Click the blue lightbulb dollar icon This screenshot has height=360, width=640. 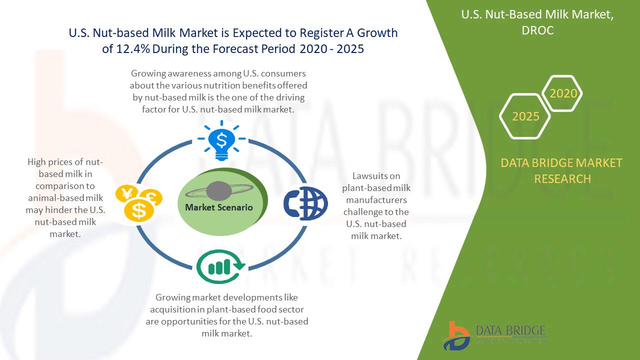click(221, 140)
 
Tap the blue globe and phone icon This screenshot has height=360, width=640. click(305, 203)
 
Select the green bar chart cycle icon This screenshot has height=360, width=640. click(220, 266)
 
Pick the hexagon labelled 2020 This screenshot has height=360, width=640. click(562, 93)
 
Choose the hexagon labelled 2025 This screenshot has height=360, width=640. click(525, 116)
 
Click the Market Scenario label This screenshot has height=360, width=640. click(219, 207)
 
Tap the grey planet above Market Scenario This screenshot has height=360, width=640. click(219, 191)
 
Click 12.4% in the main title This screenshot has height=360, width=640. click(133, 49)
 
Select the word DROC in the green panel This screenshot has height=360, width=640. click(537, 30)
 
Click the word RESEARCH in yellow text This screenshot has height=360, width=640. click(562, 179)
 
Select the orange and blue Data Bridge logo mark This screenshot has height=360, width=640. click(456, 336)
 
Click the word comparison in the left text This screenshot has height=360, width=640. click(65, 186)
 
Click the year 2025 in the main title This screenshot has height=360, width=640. click(350, 49)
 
